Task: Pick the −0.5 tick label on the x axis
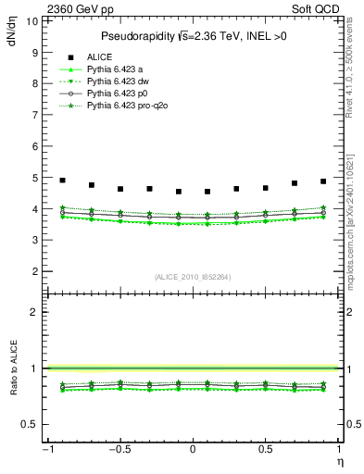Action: [x=118, y=449]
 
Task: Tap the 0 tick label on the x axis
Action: [x=193, y=449]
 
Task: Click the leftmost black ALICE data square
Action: [x=62, y=181]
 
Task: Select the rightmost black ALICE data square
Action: [x=323, y=181]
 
